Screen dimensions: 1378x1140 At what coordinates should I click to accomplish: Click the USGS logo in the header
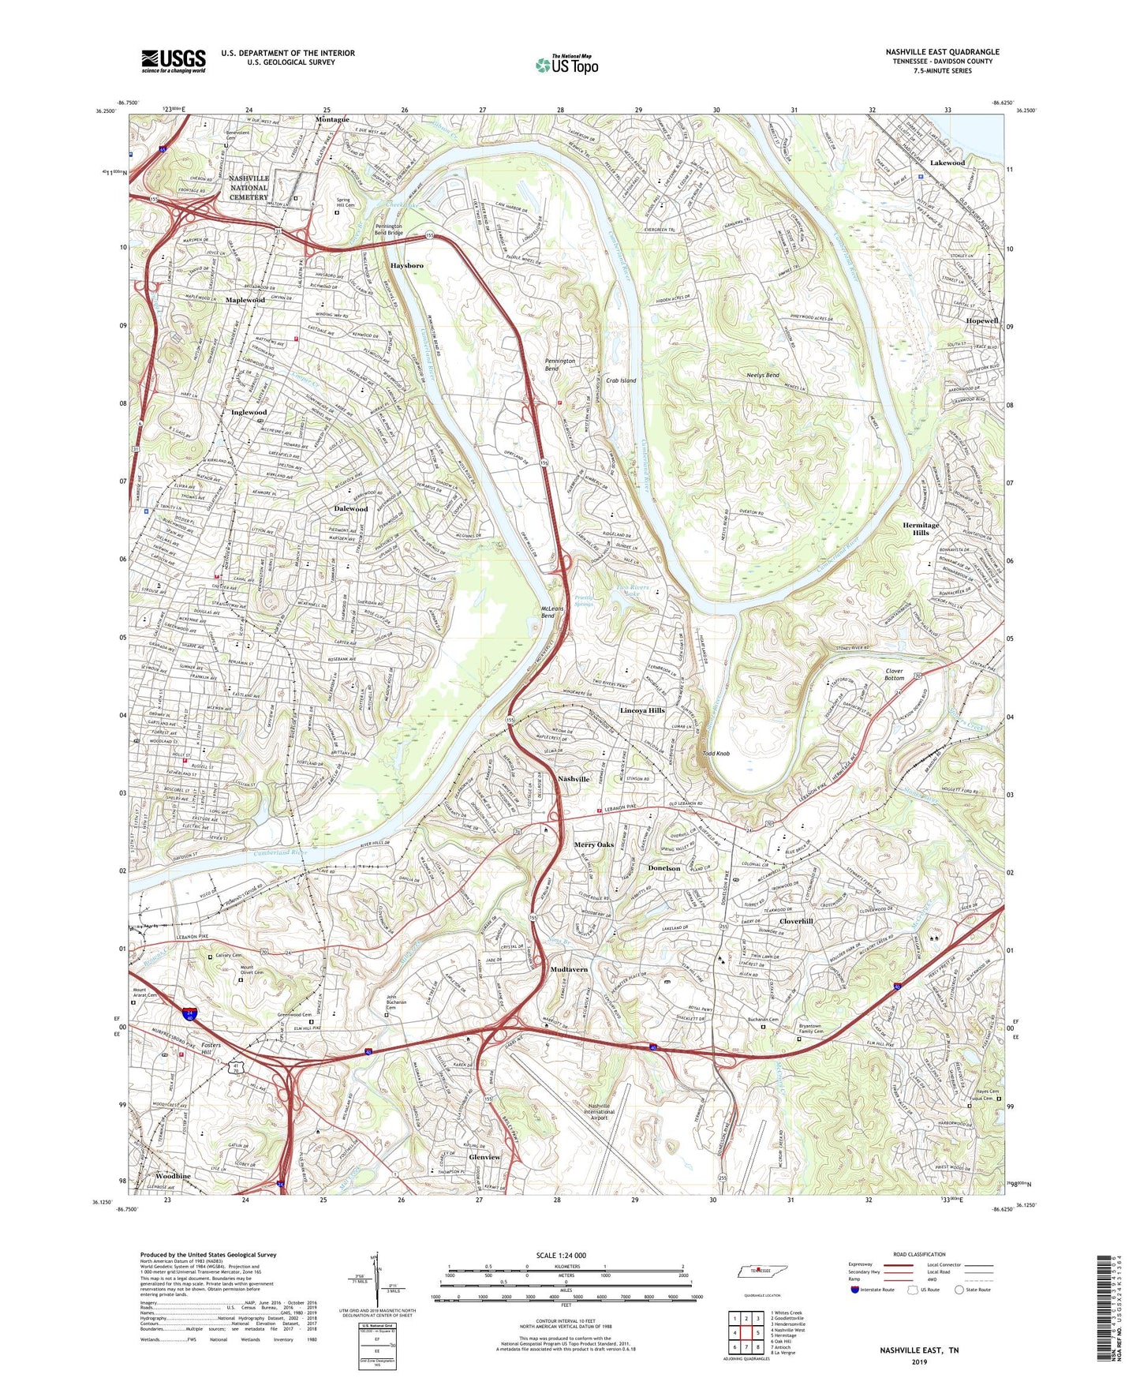173,60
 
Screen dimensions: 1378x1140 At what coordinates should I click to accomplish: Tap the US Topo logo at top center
566,65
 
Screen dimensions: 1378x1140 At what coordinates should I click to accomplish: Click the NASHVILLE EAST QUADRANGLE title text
942,52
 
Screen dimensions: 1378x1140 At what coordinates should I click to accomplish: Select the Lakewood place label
947,163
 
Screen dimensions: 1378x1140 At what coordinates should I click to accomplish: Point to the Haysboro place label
407,266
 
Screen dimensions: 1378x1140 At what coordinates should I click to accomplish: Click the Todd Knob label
716,754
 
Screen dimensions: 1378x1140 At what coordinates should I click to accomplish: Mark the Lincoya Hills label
642,710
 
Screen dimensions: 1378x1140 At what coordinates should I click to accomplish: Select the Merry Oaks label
593,845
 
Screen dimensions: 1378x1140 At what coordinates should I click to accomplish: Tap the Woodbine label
173,1176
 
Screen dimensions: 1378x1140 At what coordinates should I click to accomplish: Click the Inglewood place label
249,412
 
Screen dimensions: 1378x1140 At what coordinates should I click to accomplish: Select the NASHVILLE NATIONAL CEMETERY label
249,188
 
